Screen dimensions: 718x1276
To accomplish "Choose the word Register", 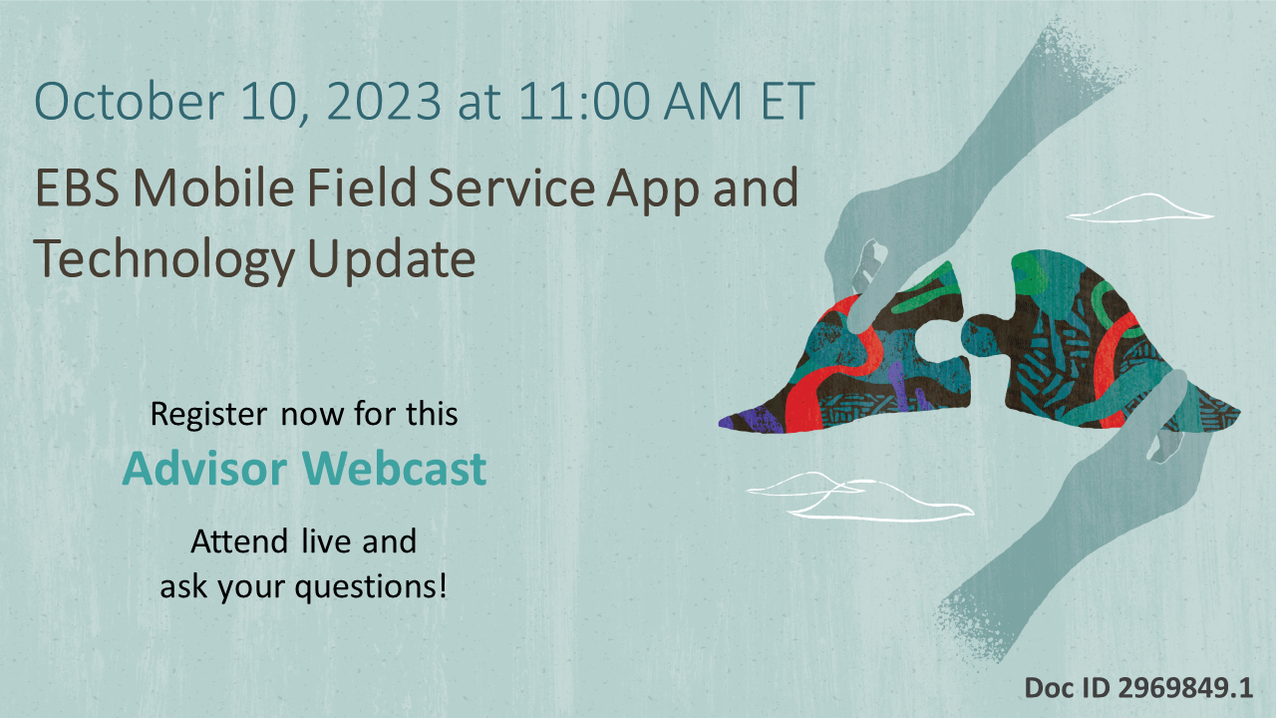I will (x=207, y=414).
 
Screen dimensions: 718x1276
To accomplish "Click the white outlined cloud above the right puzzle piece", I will (x=1141, y=207).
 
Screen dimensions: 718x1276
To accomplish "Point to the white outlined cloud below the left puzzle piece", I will (x=857, y=499).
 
